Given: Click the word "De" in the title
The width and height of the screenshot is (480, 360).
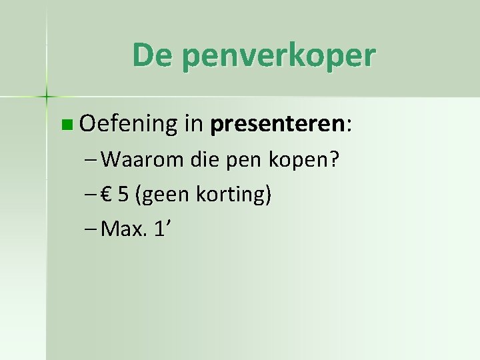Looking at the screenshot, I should click(x=150, y=55).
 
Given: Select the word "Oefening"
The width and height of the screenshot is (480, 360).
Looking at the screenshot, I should click(x=127, y=124).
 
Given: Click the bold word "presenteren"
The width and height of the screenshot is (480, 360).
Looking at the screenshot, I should click(x=277, y=125).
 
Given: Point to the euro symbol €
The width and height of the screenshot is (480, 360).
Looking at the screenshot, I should click(x=107, y=195).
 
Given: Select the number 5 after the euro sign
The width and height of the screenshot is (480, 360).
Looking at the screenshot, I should click(x=123, y=195).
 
